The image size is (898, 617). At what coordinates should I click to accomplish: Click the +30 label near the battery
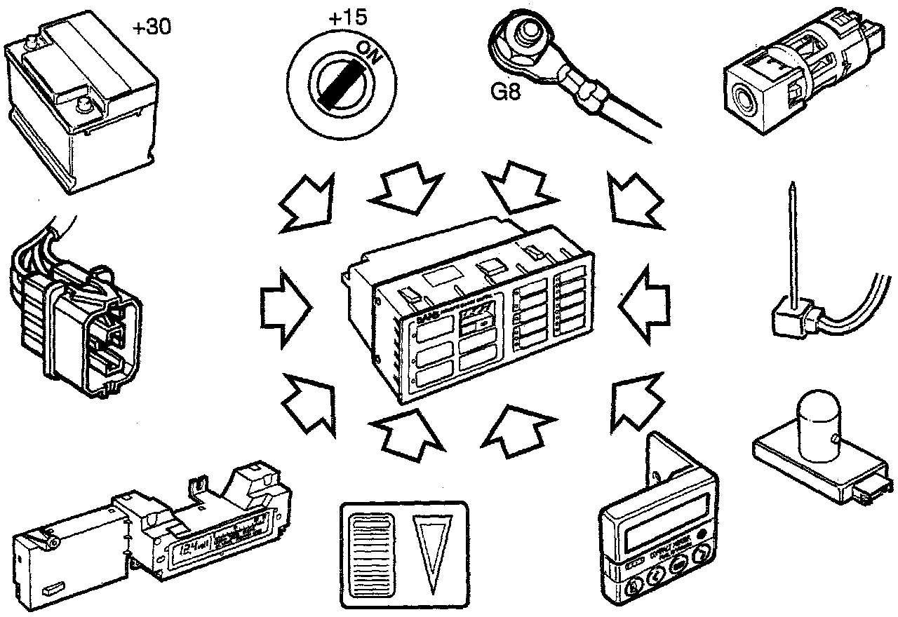[x=151, y=27]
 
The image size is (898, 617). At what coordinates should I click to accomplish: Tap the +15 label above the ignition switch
[x=347, y=17]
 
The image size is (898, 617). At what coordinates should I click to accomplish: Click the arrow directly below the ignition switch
[x=400, y=186]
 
